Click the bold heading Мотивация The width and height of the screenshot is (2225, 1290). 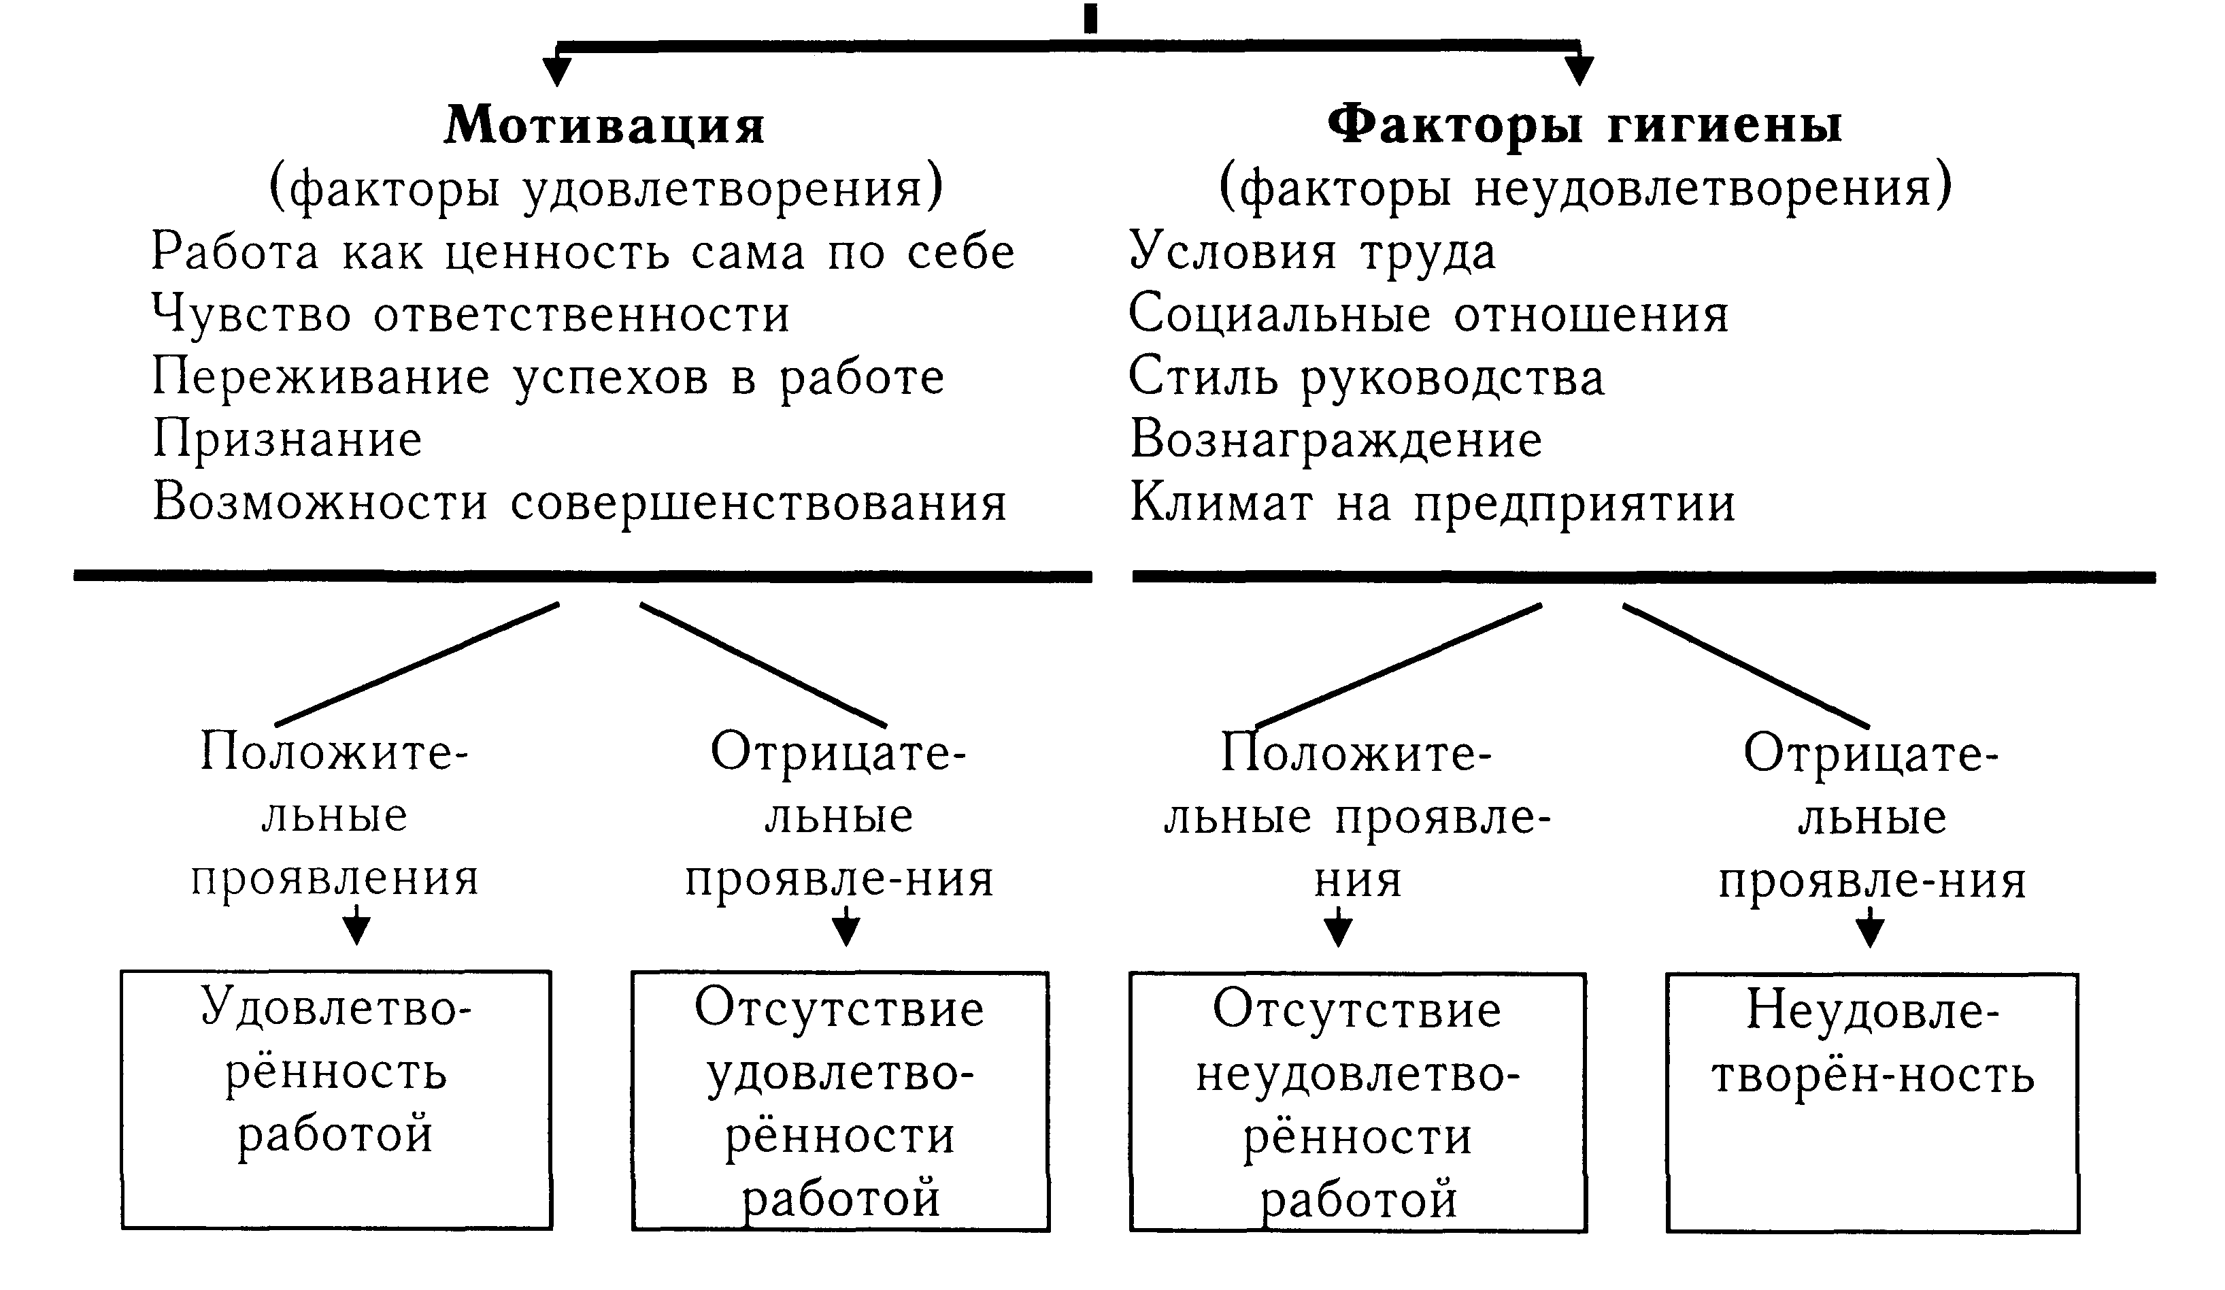(x=605, y=125)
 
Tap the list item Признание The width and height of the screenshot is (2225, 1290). (x=288, y=440)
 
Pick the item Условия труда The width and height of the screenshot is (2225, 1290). (x=1313, y=252)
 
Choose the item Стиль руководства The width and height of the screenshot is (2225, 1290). (x=1367, y=378)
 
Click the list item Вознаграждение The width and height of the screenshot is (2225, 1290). (x=1336, y=440)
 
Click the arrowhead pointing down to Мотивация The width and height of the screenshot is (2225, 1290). (x=556, y=71)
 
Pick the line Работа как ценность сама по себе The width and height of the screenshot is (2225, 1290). (x=584, y=252)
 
